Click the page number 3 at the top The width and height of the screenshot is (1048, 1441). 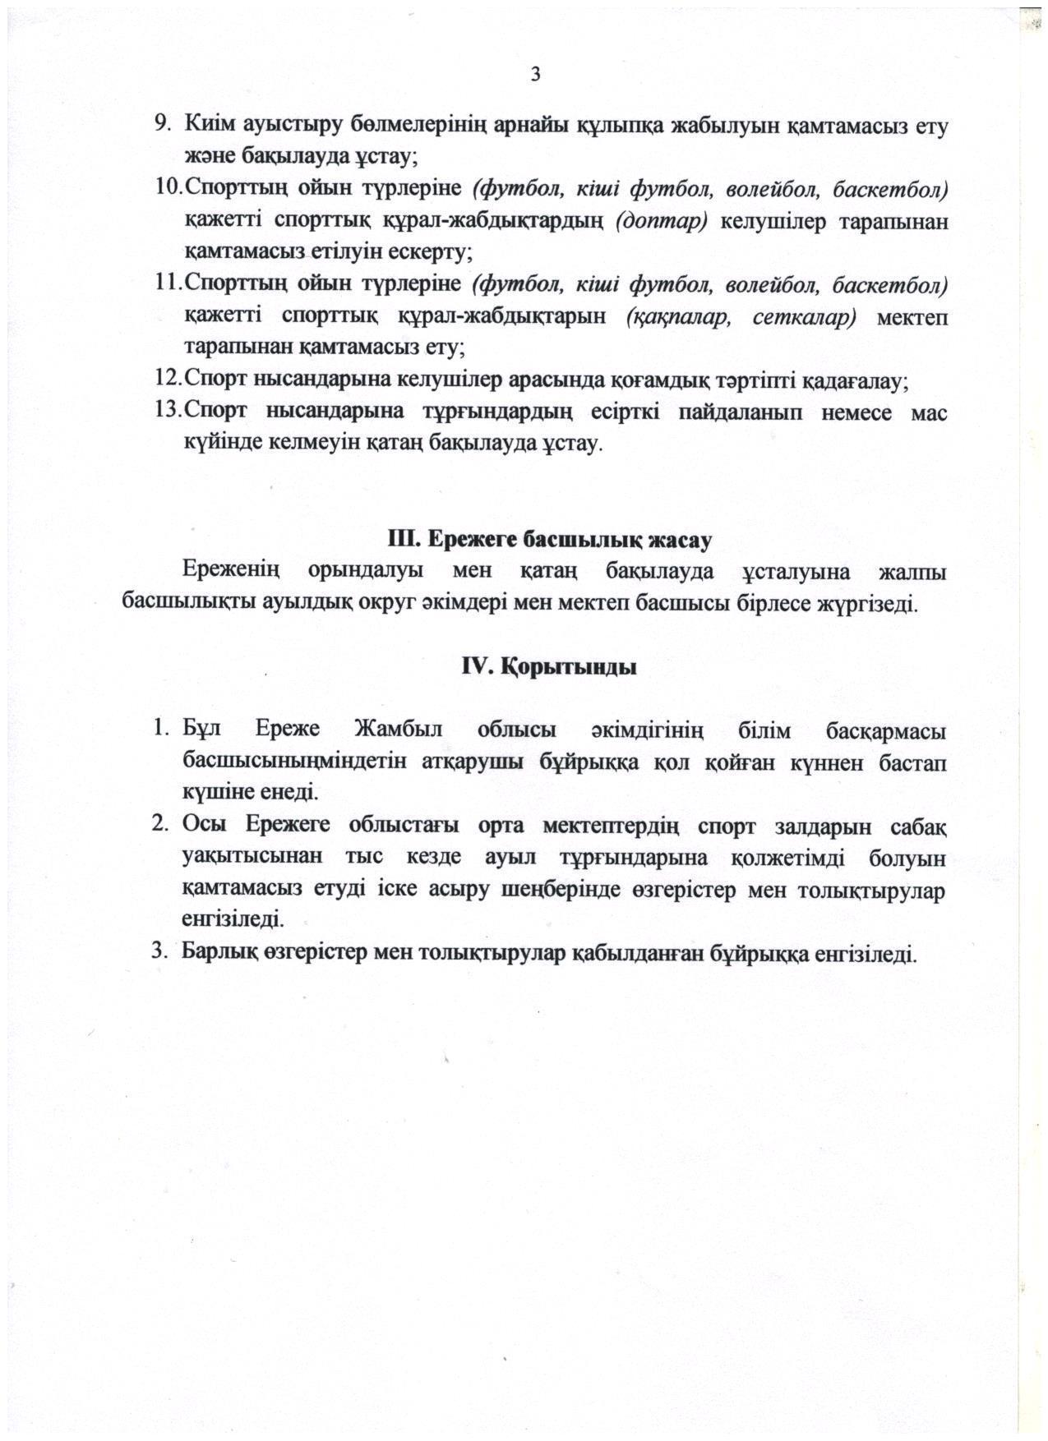535,75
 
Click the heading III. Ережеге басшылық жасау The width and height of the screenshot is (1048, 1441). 549,540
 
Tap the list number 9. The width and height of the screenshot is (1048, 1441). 163,125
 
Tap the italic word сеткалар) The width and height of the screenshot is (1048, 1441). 804,316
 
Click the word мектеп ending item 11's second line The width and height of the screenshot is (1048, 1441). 912,316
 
